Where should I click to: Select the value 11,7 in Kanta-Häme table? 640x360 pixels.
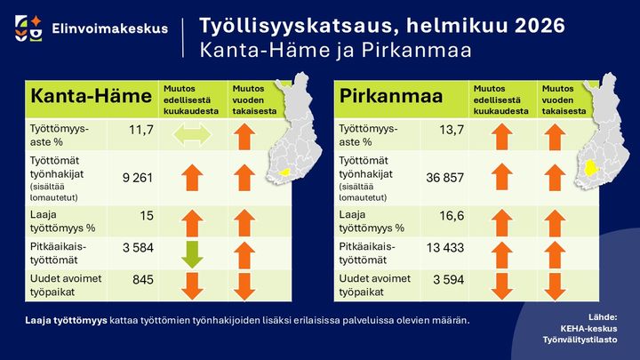point(141,132)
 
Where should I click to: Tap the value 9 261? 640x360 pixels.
point(138,179)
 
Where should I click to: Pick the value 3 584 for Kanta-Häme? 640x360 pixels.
point(138,252)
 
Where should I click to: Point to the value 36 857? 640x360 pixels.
point(444,179)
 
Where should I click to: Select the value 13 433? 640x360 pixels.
point(444,252)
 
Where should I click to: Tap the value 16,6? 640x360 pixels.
point(450,216)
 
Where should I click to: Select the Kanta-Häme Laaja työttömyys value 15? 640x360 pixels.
point(147,216)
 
